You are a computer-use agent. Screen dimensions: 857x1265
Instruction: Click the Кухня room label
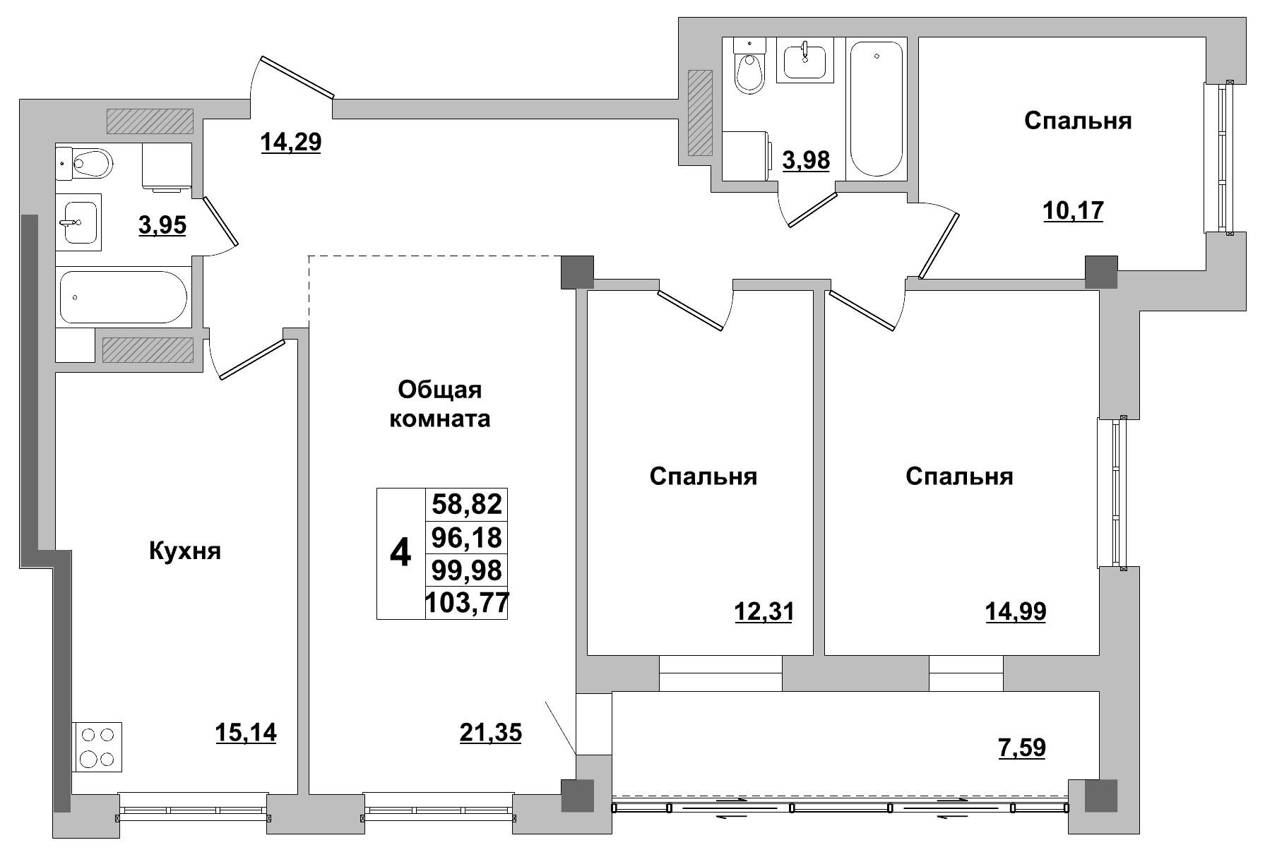coord(185,551)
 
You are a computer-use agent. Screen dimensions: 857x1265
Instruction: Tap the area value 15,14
coord(246,733)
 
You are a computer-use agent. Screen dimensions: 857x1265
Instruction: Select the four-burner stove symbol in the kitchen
coord(97,747)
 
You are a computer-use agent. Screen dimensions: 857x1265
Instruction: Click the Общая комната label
coord(440,404)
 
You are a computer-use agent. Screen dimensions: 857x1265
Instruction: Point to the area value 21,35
coord(490,733)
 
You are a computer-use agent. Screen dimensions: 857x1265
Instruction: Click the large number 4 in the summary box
coord(400,553)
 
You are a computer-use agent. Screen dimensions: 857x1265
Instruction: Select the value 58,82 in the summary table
coord(466,504)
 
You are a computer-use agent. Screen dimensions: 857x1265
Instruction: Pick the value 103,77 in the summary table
coord(466,604)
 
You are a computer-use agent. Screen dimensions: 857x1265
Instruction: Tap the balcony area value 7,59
coord(1021,747)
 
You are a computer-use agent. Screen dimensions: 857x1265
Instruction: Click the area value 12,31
coord(764,611)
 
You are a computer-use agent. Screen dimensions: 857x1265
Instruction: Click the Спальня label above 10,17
coord(1077,121)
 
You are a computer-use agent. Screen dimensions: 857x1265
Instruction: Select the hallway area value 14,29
coord(290,142)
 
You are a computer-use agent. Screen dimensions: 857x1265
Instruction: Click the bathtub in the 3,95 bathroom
coord(123,297)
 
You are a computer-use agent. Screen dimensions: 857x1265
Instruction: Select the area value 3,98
coord(806,160)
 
